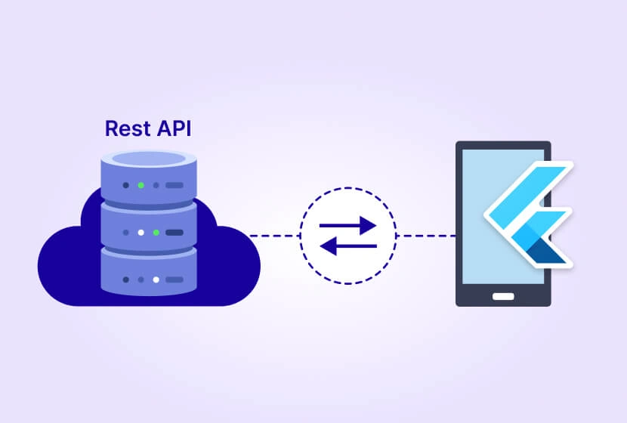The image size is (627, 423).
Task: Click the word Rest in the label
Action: pos(125,128)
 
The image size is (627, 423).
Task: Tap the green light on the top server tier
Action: pos(140,185)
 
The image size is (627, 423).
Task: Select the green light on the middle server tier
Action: pos(156,232)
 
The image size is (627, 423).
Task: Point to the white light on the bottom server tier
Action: pos(156,279)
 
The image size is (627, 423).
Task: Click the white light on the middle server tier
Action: pos(140,232)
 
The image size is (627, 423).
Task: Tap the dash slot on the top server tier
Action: pos(174,185)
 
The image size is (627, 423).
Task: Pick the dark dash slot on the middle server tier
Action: pos(174,232)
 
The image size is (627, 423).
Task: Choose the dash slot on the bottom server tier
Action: pos(174,279)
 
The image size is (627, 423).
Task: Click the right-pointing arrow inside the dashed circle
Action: pos(348,225)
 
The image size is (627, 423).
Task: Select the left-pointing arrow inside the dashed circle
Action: pos(348,245)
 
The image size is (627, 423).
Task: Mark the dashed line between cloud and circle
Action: pos(275,236)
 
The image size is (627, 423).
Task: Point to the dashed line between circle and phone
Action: pos(425,236)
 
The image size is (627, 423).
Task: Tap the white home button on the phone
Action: pos(503,295)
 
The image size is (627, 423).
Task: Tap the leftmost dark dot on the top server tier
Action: pos(125,185)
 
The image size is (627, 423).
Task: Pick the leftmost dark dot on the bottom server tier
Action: pos(125,279)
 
